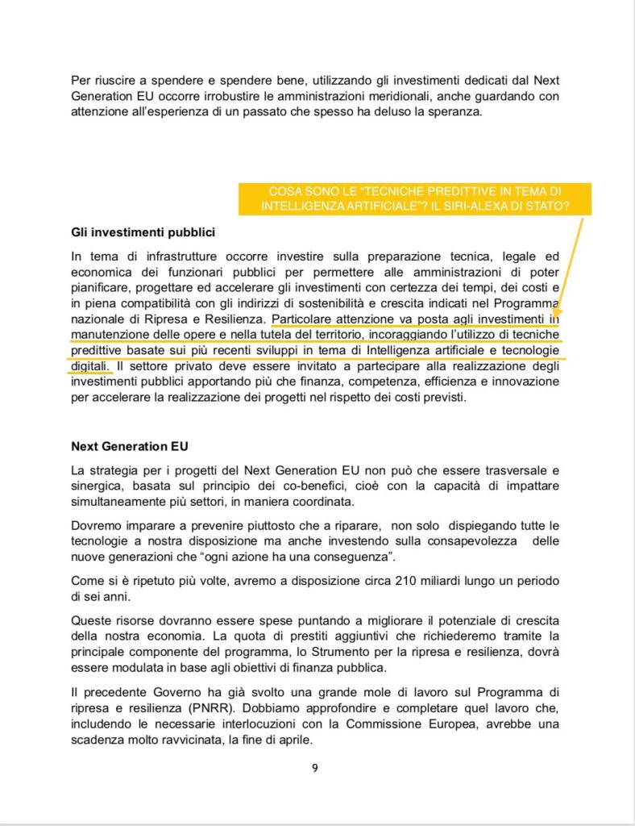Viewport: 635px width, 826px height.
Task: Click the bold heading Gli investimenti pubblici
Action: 143,233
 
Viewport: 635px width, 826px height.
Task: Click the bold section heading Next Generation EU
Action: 130,445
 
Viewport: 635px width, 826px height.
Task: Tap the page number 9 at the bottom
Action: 314,768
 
